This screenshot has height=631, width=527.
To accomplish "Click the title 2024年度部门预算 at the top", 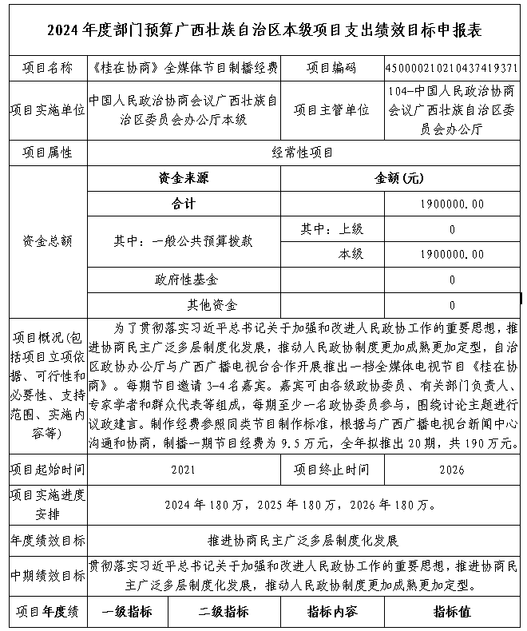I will (264, 30).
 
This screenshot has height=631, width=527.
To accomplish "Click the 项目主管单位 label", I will (331, 110).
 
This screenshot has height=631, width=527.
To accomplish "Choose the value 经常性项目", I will (303, 152).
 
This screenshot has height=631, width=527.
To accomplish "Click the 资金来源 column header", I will (184, 178).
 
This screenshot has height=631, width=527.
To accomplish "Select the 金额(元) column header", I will (399, 178).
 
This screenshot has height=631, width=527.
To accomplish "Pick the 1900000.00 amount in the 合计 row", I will (451, 204).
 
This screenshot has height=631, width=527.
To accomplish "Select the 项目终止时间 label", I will (331, 470).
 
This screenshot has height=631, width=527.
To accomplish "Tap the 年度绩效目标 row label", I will (46, 540).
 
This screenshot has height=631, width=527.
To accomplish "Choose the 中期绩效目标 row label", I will (46, 575).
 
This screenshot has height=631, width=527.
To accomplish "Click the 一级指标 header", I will (129, 613).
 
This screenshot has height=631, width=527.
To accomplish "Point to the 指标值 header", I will (452, 613).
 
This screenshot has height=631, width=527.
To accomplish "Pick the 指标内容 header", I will (331, 613).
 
